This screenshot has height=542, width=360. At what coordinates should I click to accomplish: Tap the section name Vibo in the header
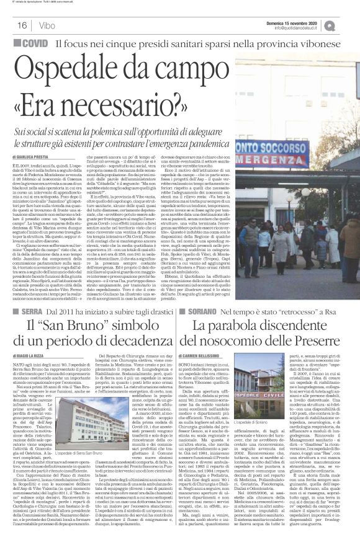coord(42,25)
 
